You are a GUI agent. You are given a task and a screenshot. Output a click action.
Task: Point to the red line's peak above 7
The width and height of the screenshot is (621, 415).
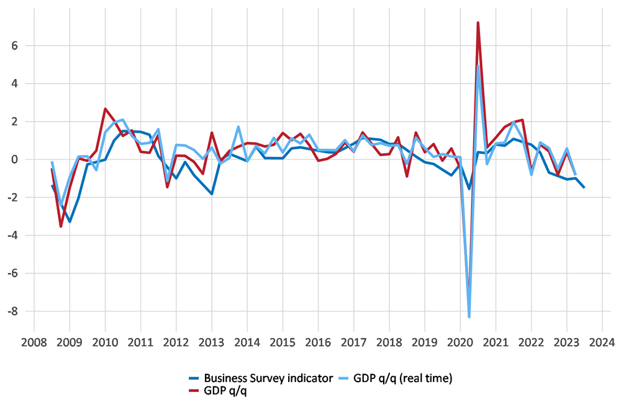click(478, 22)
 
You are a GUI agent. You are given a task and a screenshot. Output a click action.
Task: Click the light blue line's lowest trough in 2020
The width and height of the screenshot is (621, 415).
click(469, 317)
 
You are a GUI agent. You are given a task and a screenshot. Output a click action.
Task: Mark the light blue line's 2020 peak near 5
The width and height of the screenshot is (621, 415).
click(478, 65)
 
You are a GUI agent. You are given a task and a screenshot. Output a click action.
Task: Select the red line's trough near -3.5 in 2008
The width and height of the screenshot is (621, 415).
click(61, 226)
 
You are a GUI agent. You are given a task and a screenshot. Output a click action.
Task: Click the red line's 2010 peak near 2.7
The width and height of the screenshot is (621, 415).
click(105, 109)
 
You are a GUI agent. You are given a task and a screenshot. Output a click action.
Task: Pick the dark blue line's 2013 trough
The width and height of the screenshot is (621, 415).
click(211, 194)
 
